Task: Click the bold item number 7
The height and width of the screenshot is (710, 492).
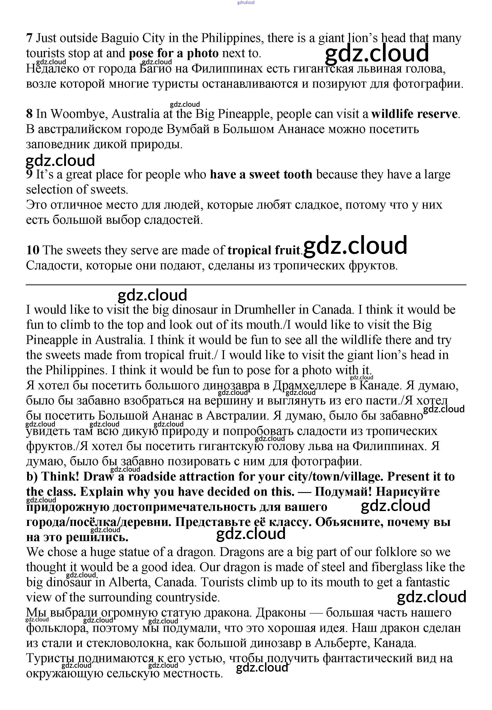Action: tap(29, 38)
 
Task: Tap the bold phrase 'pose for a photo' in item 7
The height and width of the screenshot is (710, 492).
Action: tap(174, 54)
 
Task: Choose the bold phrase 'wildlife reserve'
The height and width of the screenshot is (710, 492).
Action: tap(414, 114)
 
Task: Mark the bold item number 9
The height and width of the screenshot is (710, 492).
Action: tap(29, 175)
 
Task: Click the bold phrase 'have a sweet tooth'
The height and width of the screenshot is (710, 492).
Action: tap(261, 175)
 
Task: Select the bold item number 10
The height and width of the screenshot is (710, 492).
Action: tap(33, 250)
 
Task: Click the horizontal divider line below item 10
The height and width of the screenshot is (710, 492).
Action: tap(246, 285)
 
